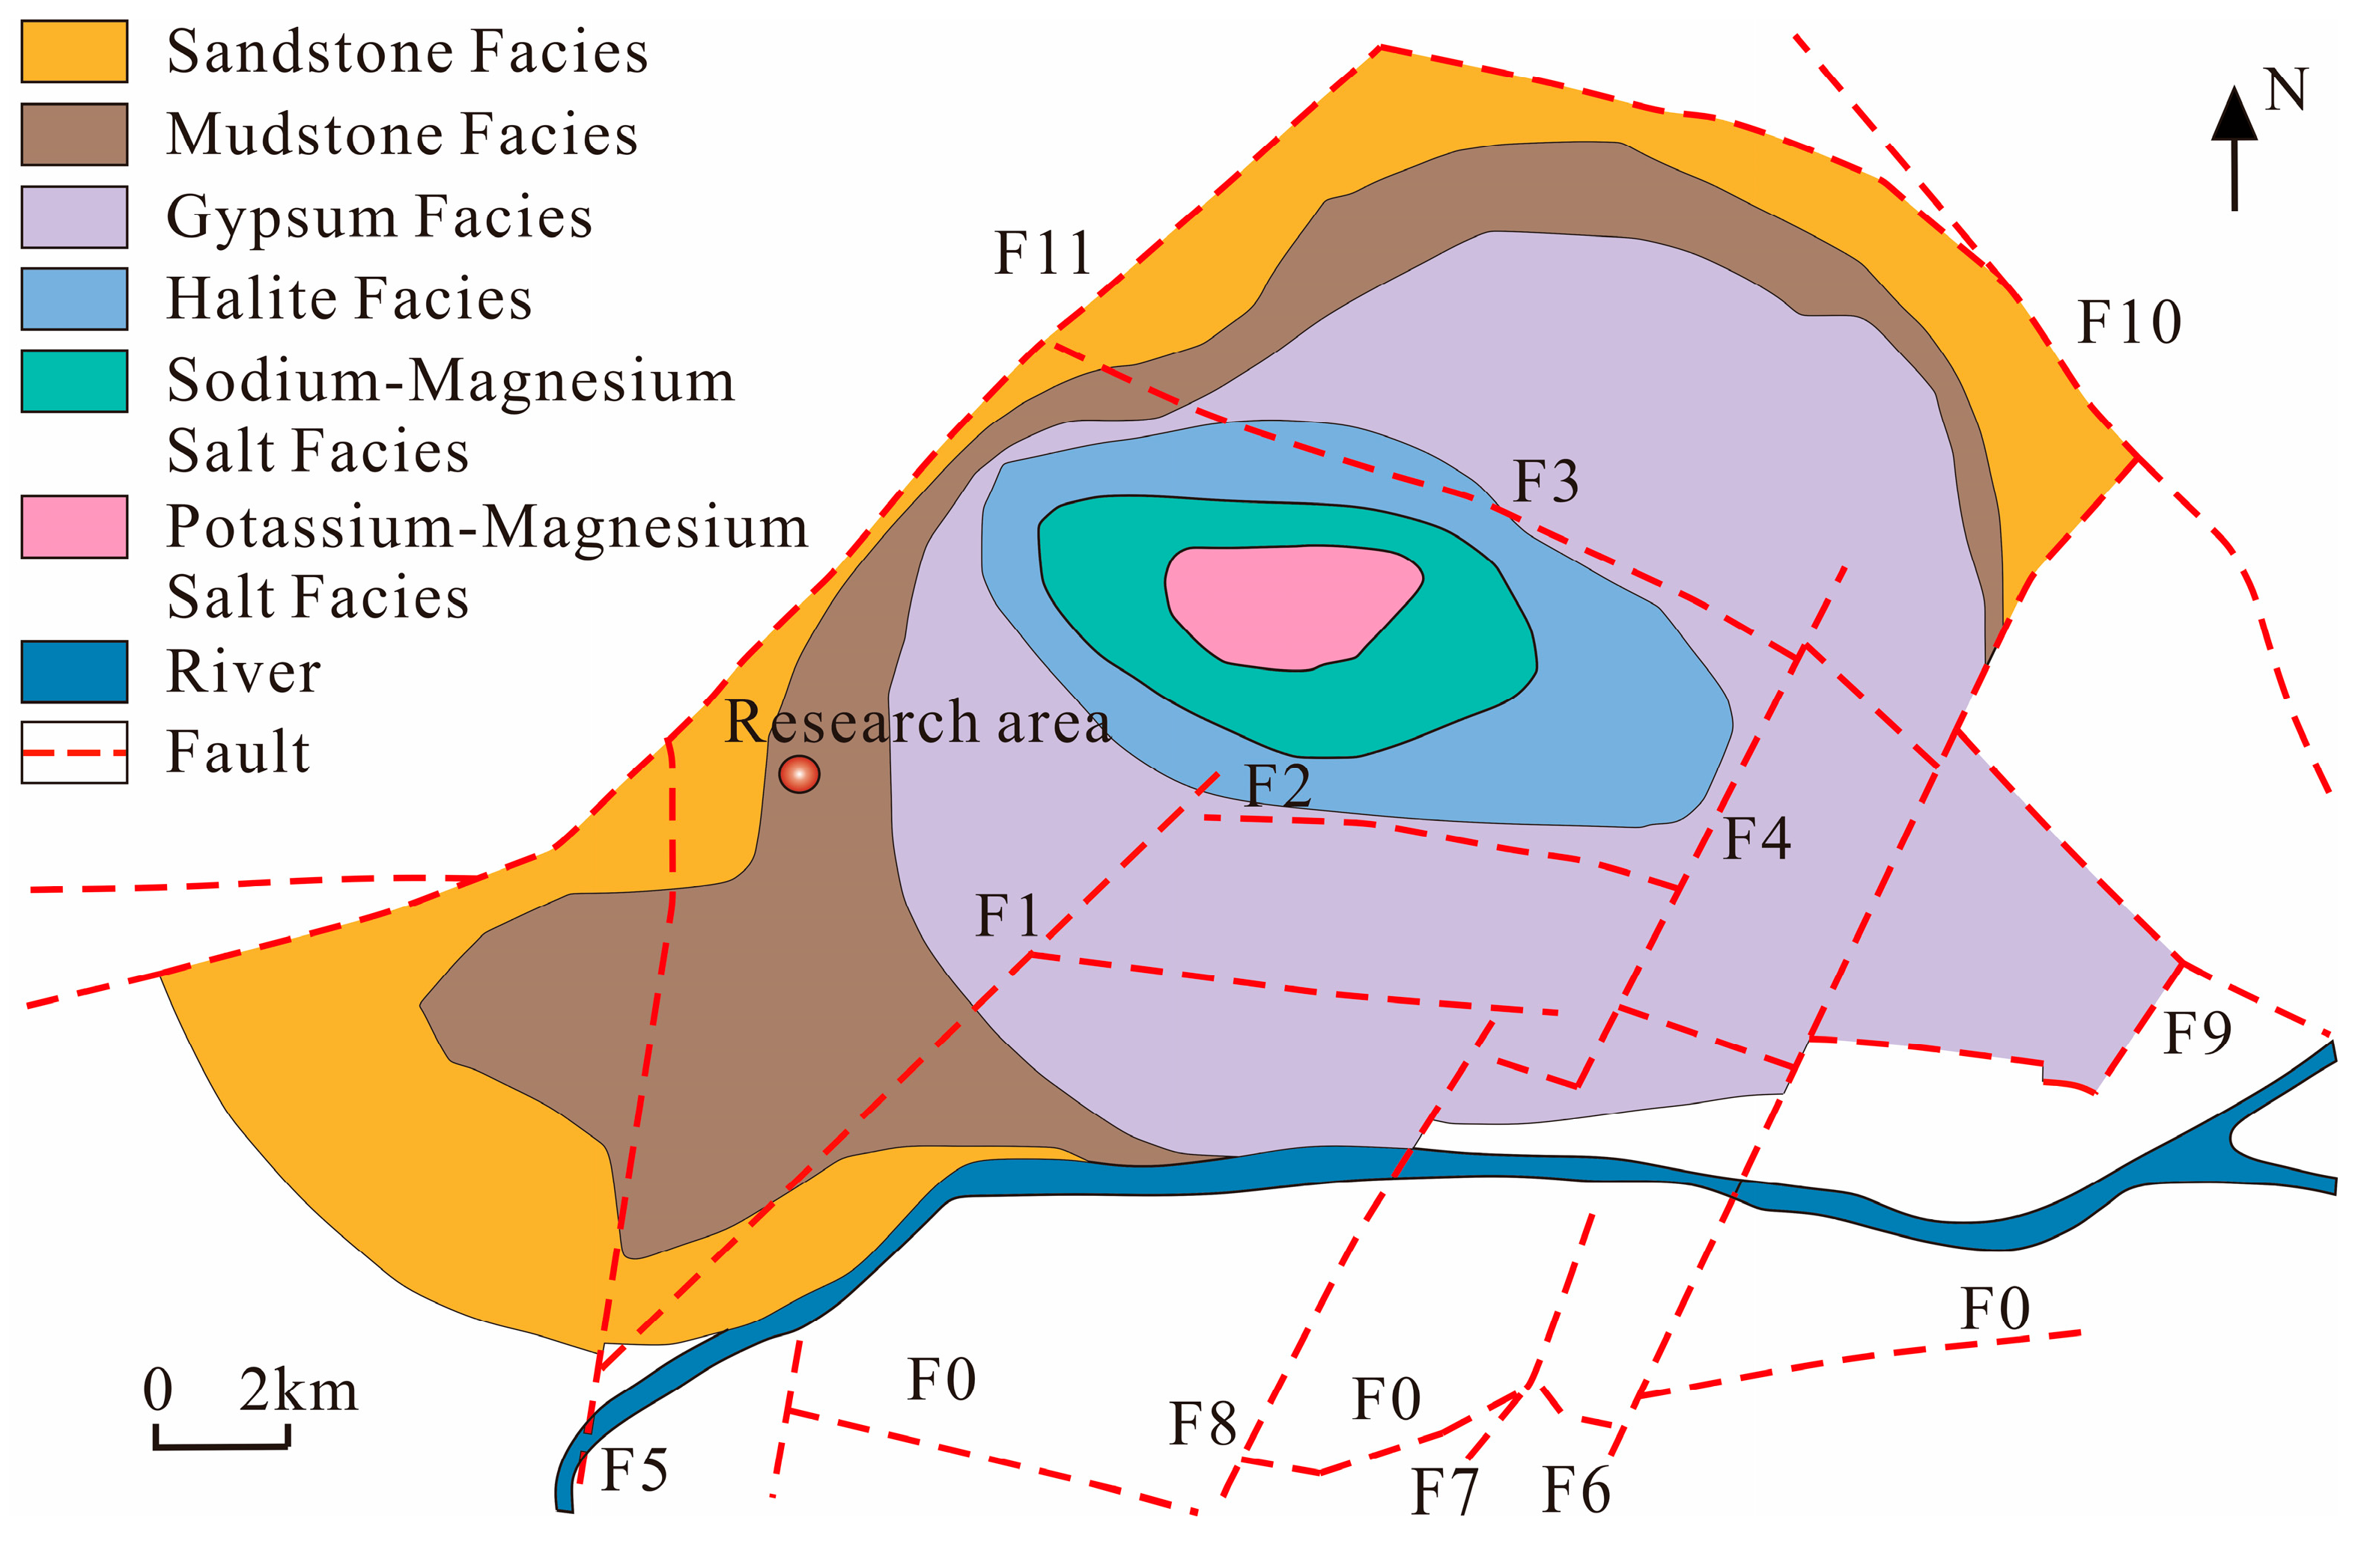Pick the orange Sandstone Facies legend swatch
pos(74,51)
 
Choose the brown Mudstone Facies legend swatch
pos(74,134)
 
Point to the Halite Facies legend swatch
pos(74,298)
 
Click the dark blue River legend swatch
pos(74,672)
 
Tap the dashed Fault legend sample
pos(74,753)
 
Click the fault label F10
pos(2130,322)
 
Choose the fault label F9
pos(2198,1034)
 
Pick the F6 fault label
pos(1576,1490)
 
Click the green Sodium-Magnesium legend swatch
pos(74,380)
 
